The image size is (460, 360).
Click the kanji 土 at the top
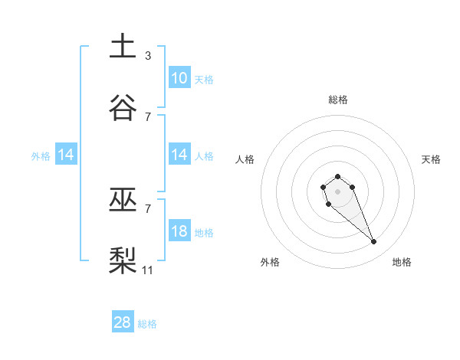(x=123, y=46)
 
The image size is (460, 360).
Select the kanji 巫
(x=123, y=200)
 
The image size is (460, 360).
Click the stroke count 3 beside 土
(x=147, y=55)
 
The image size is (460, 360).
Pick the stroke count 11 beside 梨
(x=148, y=270)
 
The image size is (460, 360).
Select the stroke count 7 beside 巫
(x=147, y=208)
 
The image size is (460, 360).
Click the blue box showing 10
(x=179, y=77)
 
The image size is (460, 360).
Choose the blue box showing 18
(x=179, y=231)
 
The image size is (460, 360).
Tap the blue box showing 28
(x=123, y=322)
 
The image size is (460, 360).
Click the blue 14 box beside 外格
(x=66, y=155)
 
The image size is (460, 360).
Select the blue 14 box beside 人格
(x=179, y=155)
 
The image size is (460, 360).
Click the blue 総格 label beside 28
(x=147, y=324)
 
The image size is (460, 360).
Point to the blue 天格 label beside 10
(x=204, y=79)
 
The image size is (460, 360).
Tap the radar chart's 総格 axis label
(x=338, y=100)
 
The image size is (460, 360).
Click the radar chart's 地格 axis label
(x=402, y=262)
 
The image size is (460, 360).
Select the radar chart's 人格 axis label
(x=245, y=159)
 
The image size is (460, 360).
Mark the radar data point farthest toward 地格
(x=373, y=242)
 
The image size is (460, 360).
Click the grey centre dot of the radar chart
(x=337, y=191)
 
